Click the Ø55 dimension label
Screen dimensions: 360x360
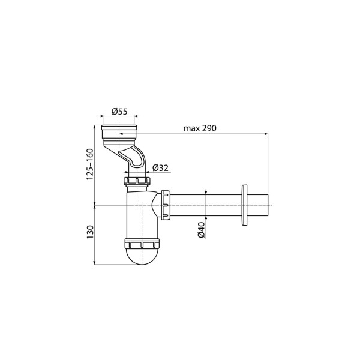coord(119,112)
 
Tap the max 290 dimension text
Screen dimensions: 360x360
coord(200,128)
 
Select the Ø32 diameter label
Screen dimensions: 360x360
coord(160,168)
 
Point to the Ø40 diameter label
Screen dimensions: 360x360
coord(202,230)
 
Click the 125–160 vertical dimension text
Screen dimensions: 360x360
coord(90,164)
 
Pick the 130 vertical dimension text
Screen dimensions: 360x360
coord(90,232)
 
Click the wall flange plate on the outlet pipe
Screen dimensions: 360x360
coord(244,205)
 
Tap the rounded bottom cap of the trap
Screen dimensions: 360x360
coord(142,256)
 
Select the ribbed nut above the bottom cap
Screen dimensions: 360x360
coord(142,244)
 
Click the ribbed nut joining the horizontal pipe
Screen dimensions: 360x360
coord(166,205)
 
